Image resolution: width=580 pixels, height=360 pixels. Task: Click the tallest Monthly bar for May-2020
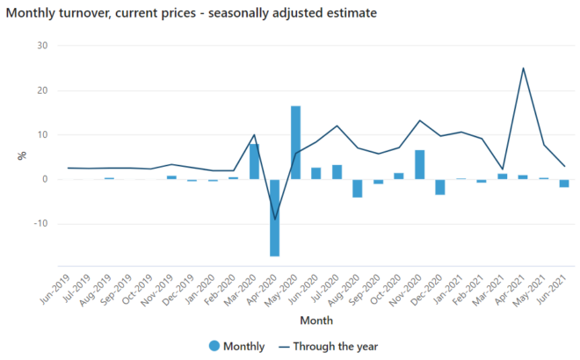point(295,142)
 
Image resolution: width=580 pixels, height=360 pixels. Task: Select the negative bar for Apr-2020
point(275,217)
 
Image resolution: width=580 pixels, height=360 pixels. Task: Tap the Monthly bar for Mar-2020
point(254,162)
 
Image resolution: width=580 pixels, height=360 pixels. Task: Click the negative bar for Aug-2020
point(358,188)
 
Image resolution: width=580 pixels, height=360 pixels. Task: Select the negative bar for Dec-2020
point(440,186)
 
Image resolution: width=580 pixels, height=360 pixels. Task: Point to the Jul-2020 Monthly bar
point(337,172)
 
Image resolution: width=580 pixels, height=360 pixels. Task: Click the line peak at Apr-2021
point(523,68)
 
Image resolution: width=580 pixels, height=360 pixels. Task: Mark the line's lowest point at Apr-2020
point(275,219)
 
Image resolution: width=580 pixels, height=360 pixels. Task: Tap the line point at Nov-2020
point(419,120)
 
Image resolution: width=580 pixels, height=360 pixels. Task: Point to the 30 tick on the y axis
point(41,46)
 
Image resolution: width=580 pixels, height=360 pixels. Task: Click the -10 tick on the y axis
point(39,224)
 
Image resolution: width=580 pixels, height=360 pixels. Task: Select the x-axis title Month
point(315,320)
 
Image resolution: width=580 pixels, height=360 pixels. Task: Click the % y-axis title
point(22,156)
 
